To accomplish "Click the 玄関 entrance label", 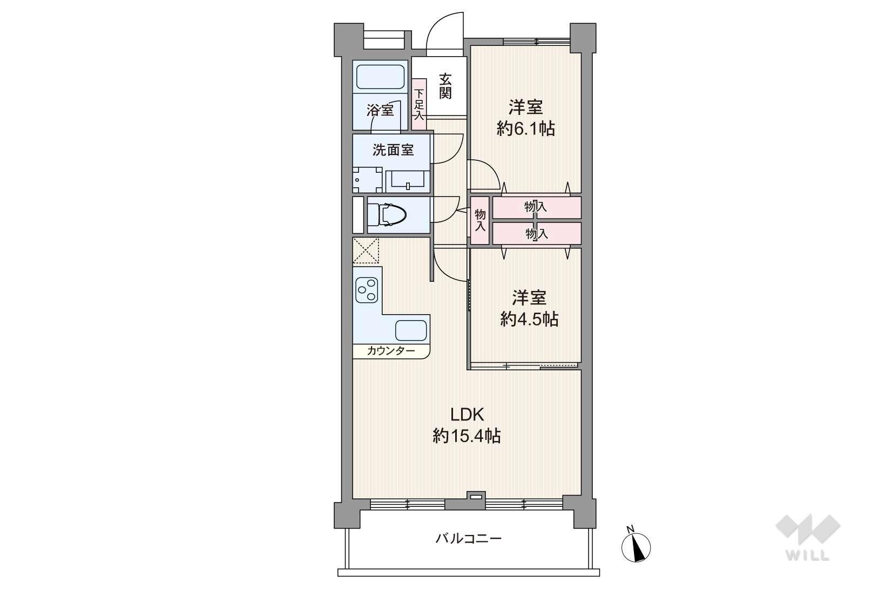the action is [x=445, y=86].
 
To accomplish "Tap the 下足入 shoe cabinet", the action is [x=419, y=105].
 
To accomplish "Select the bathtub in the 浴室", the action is [x=380, y=77].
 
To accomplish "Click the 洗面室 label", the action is [x=393, y=150].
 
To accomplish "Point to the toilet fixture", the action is [x=387, y=215].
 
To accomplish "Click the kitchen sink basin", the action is [x=411, y=330].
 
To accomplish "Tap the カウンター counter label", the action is [x=391, y=351].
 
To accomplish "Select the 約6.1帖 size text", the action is [x=525, y=128].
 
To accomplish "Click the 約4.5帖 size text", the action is [x=529, y=319].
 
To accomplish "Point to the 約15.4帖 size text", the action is [x=466, y=436].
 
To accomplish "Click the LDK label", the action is [x=468, y=414].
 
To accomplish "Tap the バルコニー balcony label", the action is [x=468, y=539].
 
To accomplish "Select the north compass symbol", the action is [x=636, y=545].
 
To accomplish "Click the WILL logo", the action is [x=808, y=537].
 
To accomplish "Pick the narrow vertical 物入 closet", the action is [x=479, y=220].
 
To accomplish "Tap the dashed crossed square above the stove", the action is [x=366, y=250].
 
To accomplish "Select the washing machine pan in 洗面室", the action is [x=367, y=180].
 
